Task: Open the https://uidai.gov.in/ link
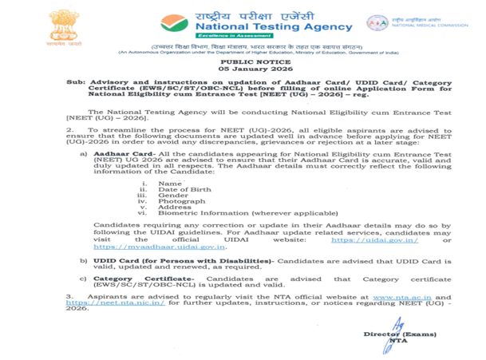pos(374,239)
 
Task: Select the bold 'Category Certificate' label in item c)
pos(140,279)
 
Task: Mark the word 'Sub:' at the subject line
pos(75,82)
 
